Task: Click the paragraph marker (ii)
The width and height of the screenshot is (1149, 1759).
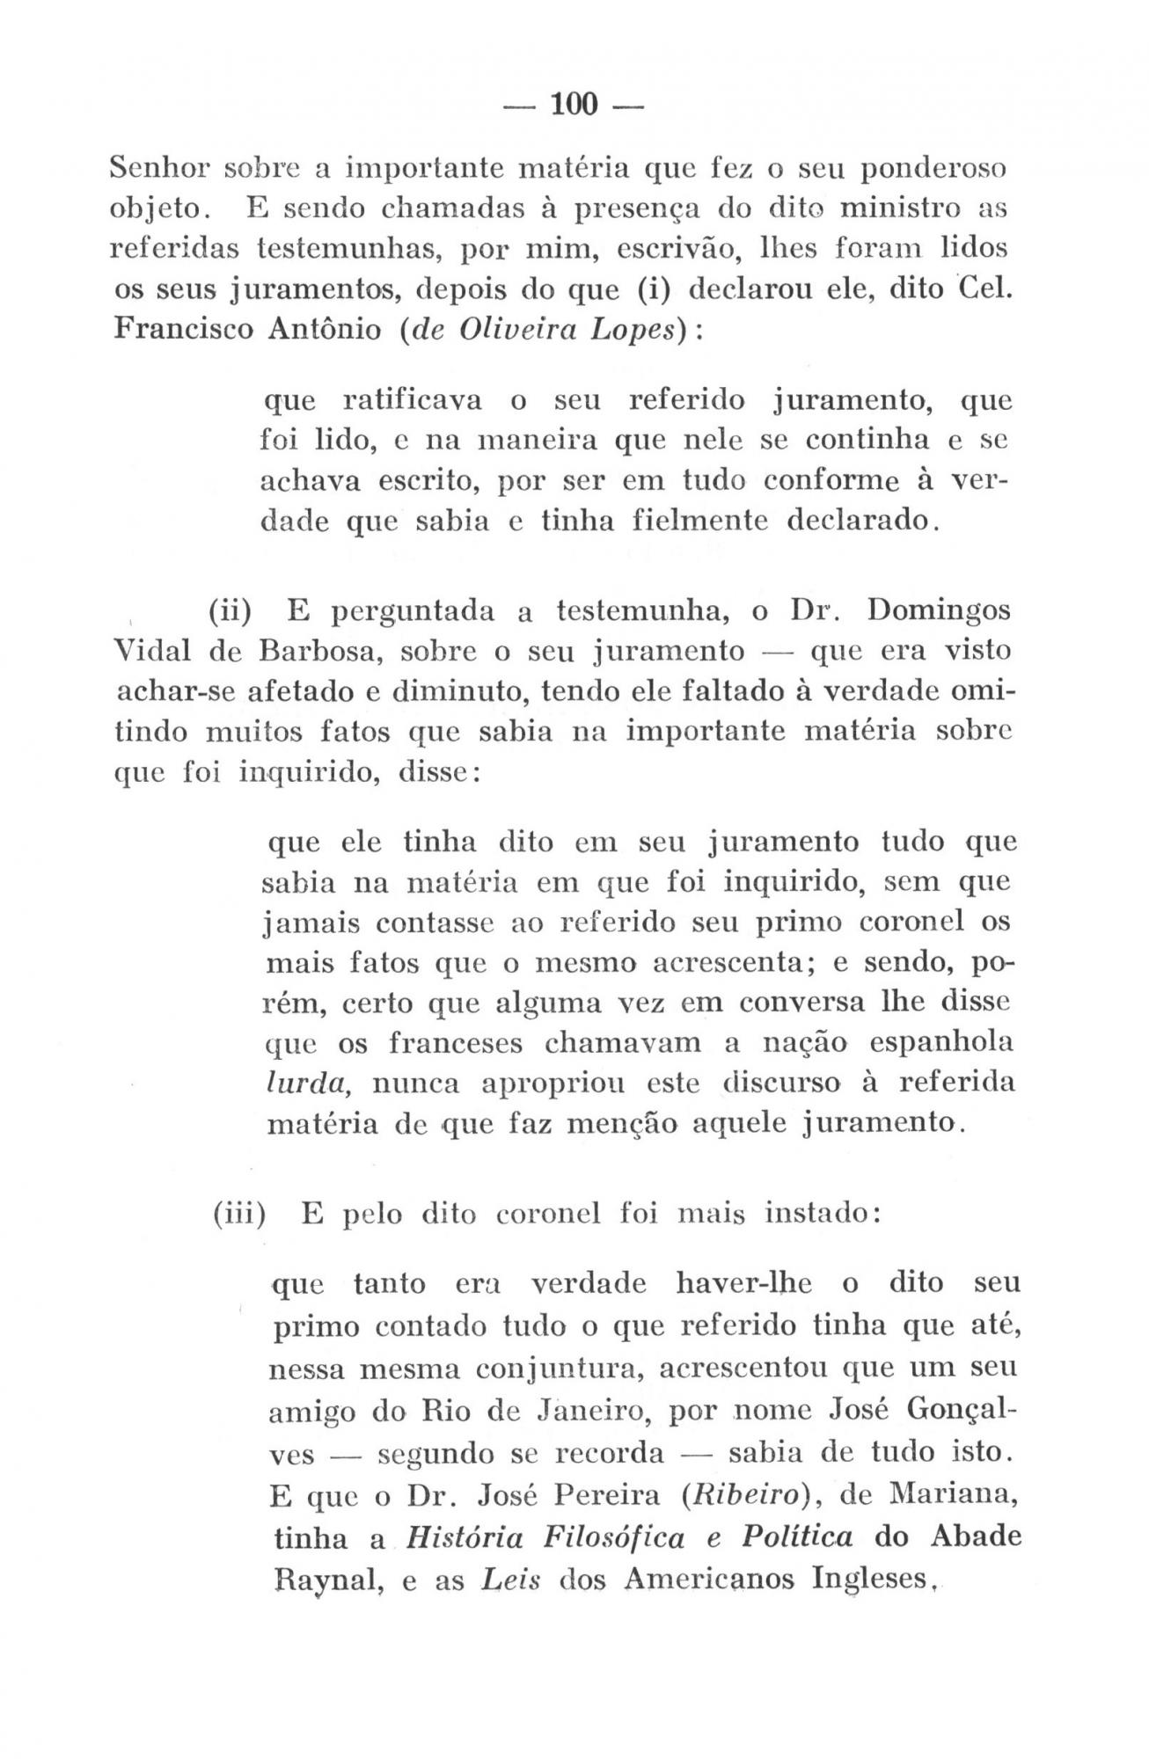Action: click(231, 610)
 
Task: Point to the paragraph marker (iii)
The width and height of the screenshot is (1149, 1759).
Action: click(239, 1215)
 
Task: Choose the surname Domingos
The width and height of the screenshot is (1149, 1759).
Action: click(939, 610)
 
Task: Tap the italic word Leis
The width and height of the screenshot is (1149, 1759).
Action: click(510, 1580)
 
